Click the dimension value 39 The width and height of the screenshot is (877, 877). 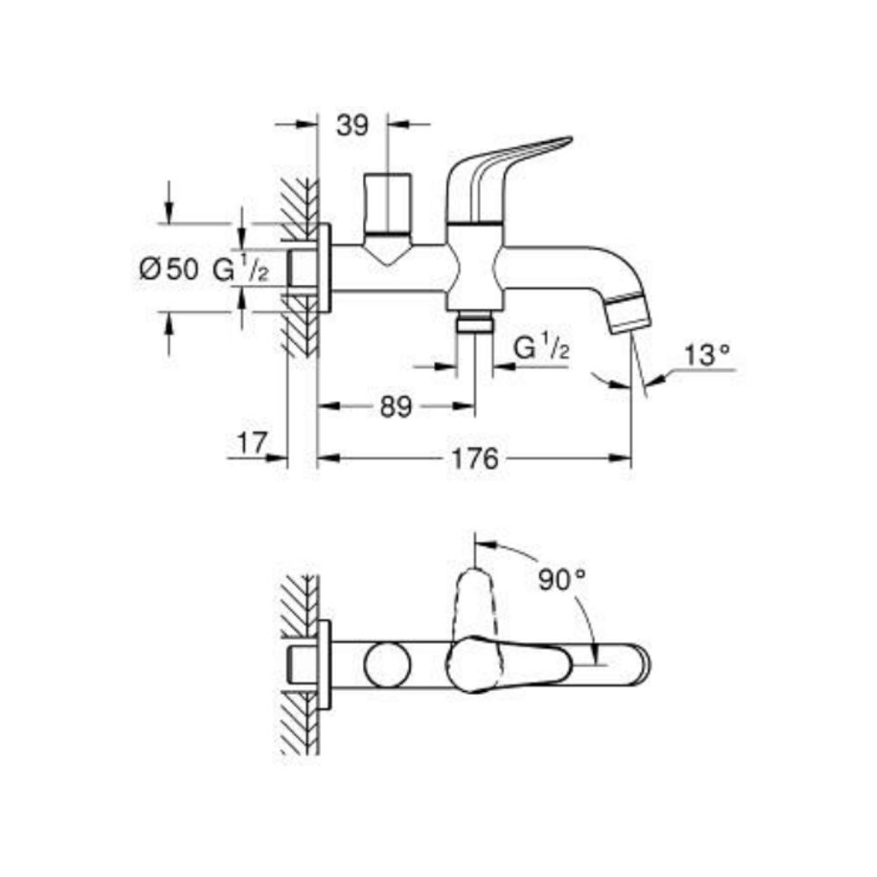(x=353, y=126)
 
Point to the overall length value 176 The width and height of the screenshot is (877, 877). (x=475, y=459)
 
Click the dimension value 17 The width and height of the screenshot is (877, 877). (x=251, y=444)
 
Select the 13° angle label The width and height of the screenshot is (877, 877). (x=707, y=355)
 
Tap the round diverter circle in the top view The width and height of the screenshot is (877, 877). (x=388, y=664)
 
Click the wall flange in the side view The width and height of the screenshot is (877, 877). (x=324, y=268)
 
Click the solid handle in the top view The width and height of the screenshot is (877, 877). (x=517, y=662)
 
